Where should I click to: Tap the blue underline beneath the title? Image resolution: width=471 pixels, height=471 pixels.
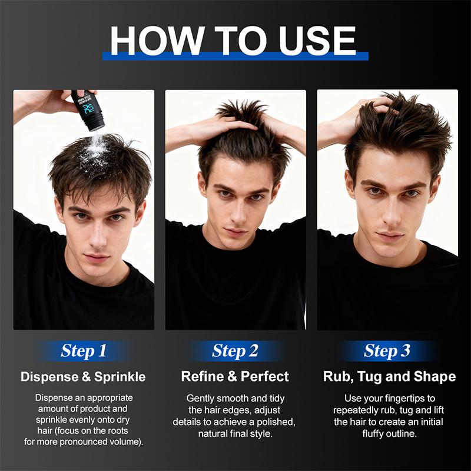tap(235, 56)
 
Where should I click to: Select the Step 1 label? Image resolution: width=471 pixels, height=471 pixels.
tap(84, 351)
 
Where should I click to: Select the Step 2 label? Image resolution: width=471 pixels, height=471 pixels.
tap(235, 351)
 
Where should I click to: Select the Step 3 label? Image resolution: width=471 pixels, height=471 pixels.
tap(387, 351)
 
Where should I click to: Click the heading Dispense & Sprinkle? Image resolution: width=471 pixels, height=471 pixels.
tap(83, 377)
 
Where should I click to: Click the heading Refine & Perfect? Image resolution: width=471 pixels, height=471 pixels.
tap(235, 377)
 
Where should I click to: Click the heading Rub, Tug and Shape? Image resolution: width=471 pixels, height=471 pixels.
tap(389, 377)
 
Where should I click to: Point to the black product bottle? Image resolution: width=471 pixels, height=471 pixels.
tap(88, 110)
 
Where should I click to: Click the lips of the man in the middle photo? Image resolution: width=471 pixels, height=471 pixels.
tap(237, 233)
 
